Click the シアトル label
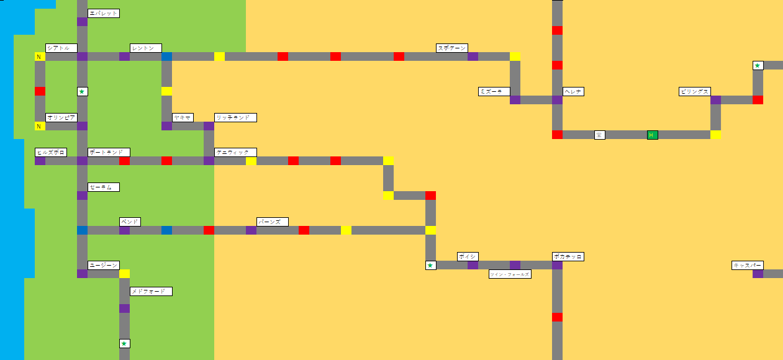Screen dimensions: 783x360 61,48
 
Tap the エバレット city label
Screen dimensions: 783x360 103,13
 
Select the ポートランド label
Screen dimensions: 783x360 109,152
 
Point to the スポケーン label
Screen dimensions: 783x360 451,48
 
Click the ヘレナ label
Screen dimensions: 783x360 573,91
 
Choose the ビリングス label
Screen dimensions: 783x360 694,91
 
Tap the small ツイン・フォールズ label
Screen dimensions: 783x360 510,274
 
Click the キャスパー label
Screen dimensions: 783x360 748,265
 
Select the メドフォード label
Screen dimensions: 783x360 151,291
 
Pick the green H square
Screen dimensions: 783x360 652,135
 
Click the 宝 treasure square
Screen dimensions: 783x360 599,135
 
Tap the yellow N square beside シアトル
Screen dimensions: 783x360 40,56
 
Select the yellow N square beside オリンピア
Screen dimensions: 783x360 40,126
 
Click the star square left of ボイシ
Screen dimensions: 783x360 430,265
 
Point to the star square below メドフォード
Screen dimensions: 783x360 124,343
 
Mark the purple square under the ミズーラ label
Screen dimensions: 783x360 515,100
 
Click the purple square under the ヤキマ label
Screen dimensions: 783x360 166,126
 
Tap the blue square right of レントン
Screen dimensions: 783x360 166,56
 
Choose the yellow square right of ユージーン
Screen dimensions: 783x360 124,274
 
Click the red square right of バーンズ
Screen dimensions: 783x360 304,230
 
